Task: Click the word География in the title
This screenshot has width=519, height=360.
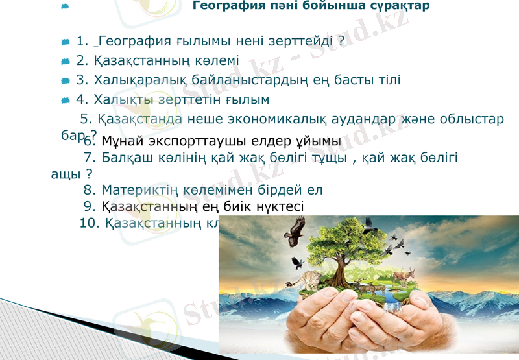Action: pyautogui.click(x=224, y=6)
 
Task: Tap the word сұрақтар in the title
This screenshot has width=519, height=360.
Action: pyautogui.click(x=397, y=6)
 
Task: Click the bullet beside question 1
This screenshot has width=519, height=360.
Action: pyautogui.click(x=65, y=43)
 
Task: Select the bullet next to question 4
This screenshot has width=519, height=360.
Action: pyautogui.click(x=65, y=101)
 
